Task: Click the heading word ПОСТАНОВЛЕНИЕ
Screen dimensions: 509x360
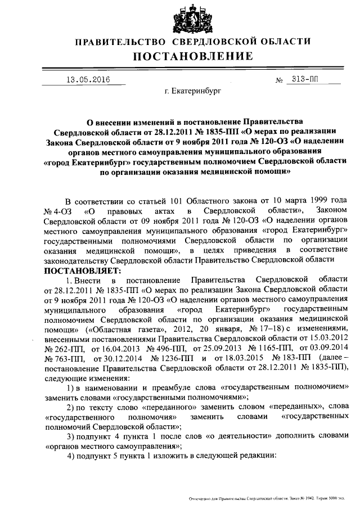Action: pyautogui.click(x=192, y=56)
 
